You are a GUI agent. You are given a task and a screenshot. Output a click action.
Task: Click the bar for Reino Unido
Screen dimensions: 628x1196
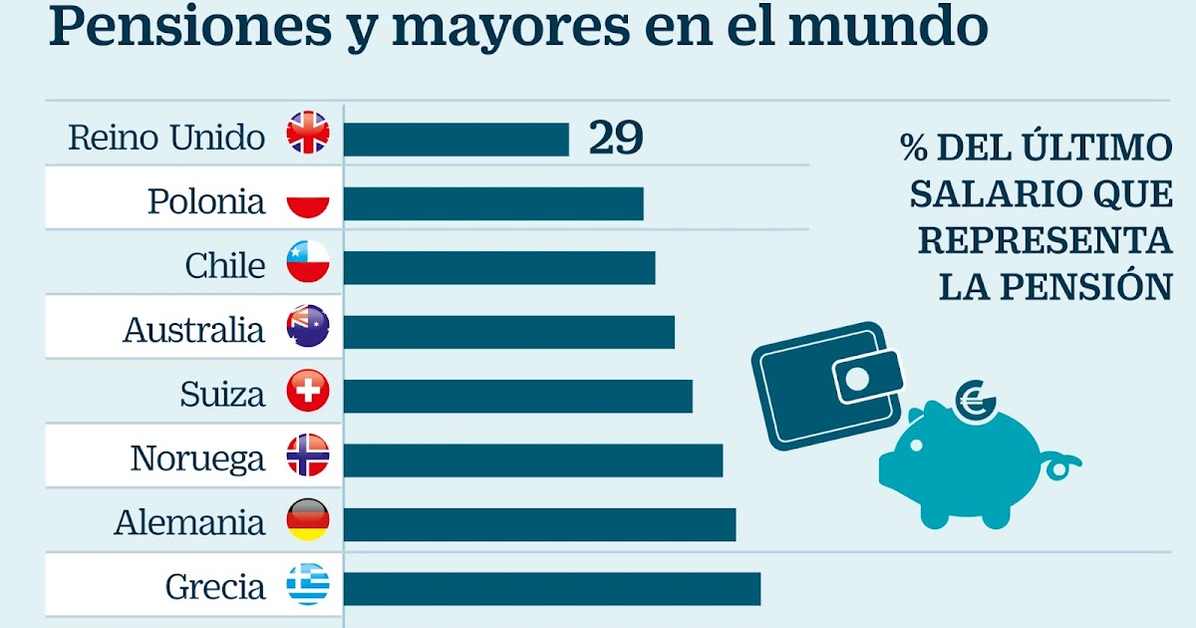pyautogui.click(x=456, y=140)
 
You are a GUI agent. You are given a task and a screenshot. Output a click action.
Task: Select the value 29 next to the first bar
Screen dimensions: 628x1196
pyautogui.click(x=615, y=139)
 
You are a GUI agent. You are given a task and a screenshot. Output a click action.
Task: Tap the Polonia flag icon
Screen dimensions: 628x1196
pyautogui.click(x=308, y=202)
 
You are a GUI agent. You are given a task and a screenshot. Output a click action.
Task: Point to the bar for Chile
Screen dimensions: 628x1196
pyautogui.click(x=499, y=267)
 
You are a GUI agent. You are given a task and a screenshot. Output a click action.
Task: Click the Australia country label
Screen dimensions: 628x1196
pyautogui.click(x=194, y=330)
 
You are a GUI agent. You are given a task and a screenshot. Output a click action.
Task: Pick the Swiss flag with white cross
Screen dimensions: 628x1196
pyautogui.click(x=308, y=392)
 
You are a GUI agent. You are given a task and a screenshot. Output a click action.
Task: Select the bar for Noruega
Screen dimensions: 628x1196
pyautogui.click(x=533, y=460)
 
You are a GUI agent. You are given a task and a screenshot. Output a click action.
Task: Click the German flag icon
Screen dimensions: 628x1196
pyautogui.click(x=308, y=520)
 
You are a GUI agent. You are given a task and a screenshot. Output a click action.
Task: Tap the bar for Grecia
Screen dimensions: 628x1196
pyautogui.click(x=552, y=588)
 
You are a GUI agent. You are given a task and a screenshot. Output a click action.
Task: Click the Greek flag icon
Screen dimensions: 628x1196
pyautogui.click(x=308, y=585)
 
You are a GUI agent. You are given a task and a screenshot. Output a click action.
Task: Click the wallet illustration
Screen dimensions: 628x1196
pyautogui.click(x=825, y=385)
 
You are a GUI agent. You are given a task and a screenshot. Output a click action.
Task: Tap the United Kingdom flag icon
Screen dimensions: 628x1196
pyautogui.click(x=308, y=134)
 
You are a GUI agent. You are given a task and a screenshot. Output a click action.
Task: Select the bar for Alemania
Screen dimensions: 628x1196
pyautogui.click(x=539, y=524)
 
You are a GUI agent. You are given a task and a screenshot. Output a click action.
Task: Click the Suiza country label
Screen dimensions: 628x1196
pyautogui.click(x=222, y=395)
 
